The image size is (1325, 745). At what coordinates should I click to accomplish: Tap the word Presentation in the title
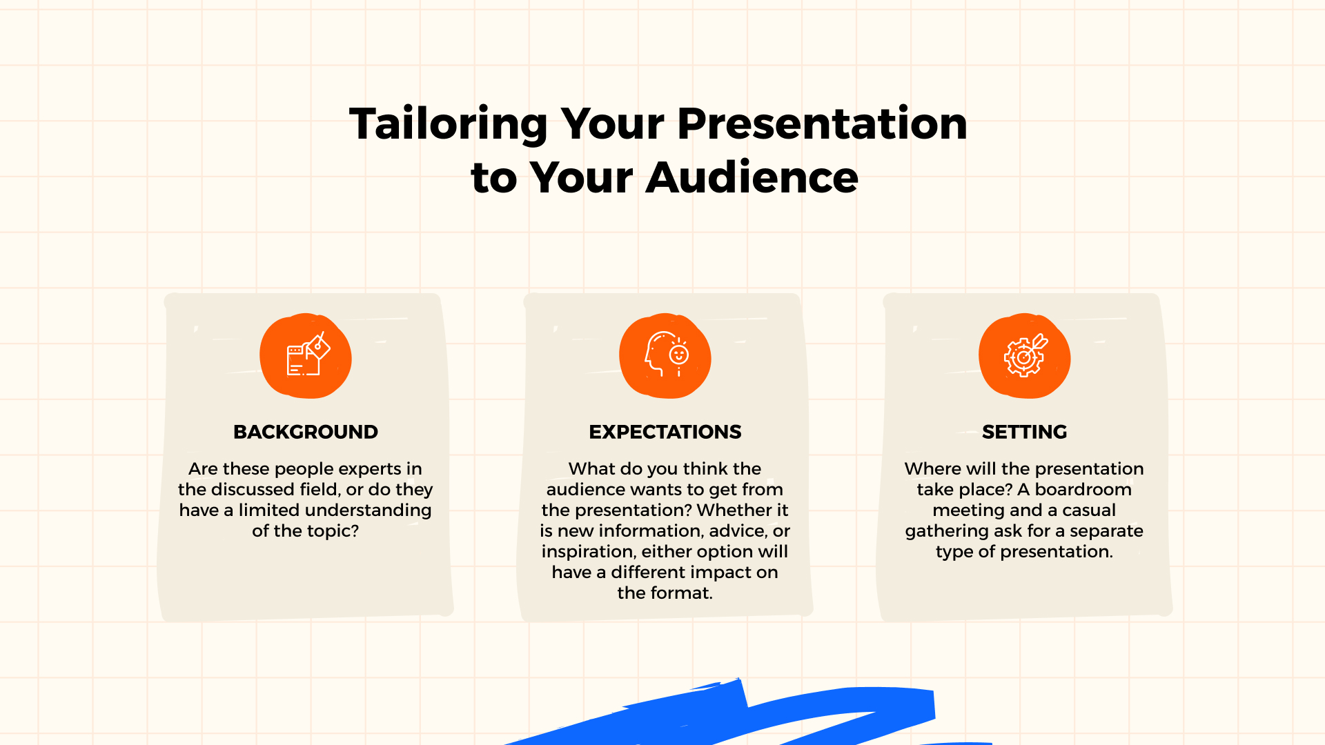coord(822,124)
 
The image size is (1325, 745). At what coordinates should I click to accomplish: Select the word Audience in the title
coord(752,178)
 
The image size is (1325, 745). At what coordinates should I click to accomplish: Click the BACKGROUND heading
coord(305,432)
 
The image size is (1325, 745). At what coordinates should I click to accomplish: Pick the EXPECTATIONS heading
coord(665,432)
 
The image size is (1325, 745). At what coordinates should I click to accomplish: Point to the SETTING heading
coord(1024,432)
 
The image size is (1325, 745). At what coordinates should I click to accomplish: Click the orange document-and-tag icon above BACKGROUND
coord(306,357)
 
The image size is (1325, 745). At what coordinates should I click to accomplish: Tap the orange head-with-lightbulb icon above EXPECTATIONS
coord(665,357)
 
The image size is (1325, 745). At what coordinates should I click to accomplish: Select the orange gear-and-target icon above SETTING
coord(1025,357)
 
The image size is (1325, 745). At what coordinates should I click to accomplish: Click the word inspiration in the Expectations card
coord(589,552)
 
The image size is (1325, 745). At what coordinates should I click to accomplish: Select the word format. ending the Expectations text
coord(684,593)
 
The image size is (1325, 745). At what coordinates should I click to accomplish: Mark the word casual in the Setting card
coord(1088,510)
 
